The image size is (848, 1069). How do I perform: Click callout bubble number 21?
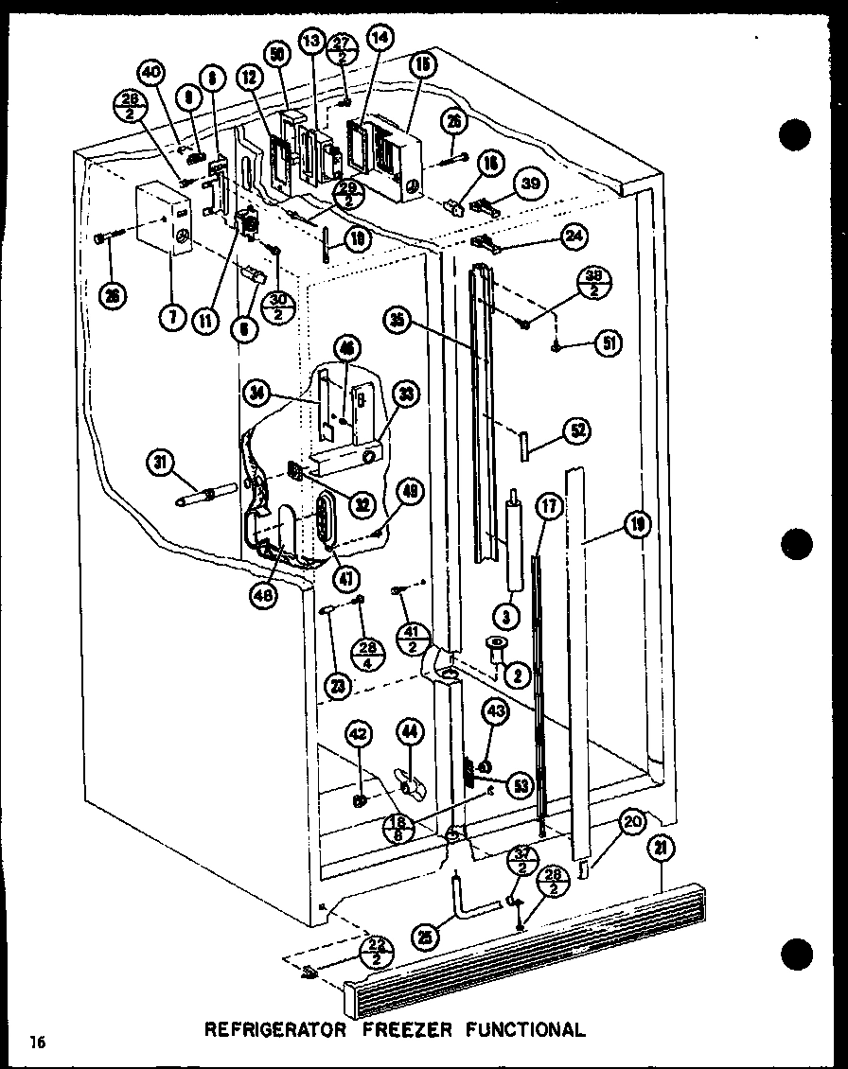click(657, 850)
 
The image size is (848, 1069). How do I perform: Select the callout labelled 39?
click(530, 184)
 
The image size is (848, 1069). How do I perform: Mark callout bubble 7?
click(172, 318)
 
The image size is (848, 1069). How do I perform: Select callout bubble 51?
click(606, 342)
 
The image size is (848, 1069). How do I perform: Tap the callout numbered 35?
click(398, 319)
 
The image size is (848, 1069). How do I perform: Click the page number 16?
click(37, 1043)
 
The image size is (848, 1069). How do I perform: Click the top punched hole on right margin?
click(796, 134)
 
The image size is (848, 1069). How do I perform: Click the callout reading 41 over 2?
click(411, 640)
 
